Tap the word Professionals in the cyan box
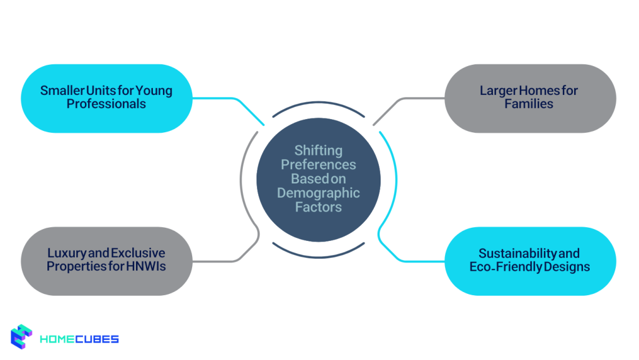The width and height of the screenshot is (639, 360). [x=106, y=104]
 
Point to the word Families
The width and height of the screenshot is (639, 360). [x=529, y=104]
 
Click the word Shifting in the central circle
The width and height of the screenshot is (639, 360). [x=318, y=150]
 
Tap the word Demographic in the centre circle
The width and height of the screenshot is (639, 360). [x=318, y=193]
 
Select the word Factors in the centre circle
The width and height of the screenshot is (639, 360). [x=318, y=207]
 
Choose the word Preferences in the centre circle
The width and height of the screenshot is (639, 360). [x=318, y=165]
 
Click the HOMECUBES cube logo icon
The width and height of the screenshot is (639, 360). [x=22, y=338]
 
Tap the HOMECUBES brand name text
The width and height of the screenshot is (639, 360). [x=79, y=339]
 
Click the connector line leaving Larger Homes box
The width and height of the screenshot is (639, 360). [x=412, y=99]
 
